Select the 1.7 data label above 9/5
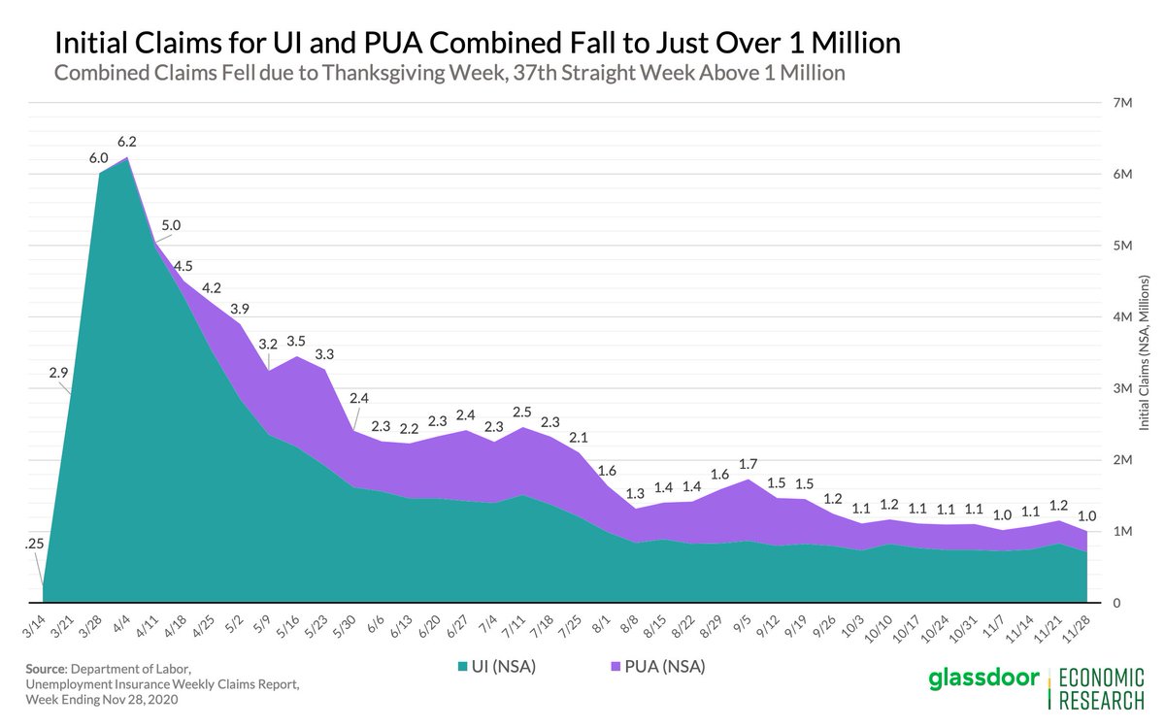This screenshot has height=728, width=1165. tap(749, 462)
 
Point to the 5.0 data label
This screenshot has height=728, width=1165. tap(170, 225)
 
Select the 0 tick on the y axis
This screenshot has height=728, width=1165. tap(1117, 603)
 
